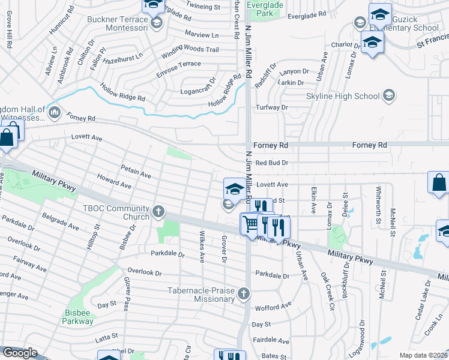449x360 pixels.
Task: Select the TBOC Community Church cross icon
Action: pos(158,211)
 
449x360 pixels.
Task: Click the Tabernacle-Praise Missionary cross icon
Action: pos(243,293)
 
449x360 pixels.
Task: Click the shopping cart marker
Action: pos(250,224)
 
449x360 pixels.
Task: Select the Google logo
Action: pos(20,353)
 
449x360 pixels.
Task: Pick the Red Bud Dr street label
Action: pos(272,163)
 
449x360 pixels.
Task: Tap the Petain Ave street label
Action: pos(136,172)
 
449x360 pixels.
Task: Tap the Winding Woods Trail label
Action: pos(190,50)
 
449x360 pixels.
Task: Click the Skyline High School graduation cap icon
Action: pos(389,95)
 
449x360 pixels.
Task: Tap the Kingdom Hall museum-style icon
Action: pos(55,112)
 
